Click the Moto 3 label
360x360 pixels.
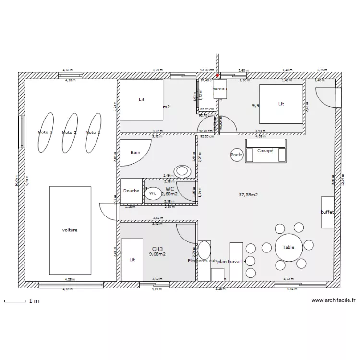point(45,132)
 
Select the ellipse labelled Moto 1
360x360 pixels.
point(94,132)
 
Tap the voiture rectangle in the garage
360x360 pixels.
point(70,230)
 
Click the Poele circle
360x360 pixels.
point(237,155)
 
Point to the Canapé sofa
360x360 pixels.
point(265,151)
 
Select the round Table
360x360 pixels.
point(288,247)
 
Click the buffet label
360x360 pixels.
point(327,212)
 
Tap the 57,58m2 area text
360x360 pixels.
point(249,195)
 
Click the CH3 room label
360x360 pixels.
point(157,249)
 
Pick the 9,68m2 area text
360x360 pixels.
point(157,254)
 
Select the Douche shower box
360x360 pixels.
point(131,191)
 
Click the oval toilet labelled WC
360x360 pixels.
point(153,193)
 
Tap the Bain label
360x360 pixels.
point(135,152)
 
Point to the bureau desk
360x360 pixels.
point(220,89)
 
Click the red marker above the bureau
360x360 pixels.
point(217,75)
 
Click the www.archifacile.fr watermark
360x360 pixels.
point(334,300)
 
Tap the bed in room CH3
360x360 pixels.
point(132,260)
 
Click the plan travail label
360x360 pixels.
point(229,261)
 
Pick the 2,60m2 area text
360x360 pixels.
point(169,194)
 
